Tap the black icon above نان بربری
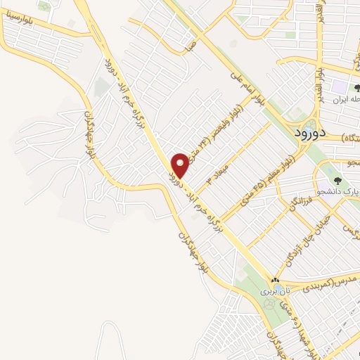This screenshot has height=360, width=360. [275, 279]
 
